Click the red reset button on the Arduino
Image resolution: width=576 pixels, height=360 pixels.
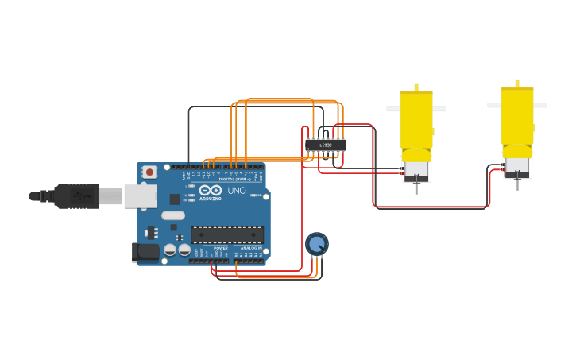(x=149, y=172)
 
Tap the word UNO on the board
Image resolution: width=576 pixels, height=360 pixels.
(x=237, y=191)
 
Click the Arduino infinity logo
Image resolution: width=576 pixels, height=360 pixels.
(x=211, y=191)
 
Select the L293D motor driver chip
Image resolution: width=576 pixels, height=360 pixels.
(x=325, y=145)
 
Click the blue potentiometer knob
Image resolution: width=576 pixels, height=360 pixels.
(x=316, y=243)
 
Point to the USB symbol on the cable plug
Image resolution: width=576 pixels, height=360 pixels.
(x=79, y=195)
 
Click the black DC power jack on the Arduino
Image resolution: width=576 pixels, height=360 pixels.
(x=146, y=252)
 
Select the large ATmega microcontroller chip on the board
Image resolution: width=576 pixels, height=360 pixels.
(x=227, y=234)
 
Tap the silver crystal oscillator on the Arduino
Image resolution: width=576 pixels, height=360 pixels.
(x=172, y=215)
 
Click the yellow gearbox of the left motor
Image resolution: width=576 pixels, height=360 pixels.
(x=416, y=119)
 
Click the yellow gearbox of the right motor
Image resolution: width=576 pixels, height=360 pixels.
(x=517, y=116)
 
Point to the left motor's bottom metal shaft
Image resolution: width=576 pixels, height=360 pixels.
(x=416, y=188)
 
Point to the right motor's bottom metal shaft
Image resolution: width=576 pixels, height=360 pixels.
(x=517, y=184)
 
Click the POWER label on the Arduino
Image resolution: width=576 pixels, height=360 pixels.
(x=220, y=249)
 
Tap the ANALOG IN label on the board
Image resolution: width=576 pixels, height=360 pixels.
(x=250, y=249)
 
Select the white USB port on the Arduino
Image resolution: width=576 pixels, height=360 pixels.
(x=140, y=195)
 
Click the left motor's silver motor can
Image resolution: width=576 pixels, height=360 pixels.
(x=416, y=168)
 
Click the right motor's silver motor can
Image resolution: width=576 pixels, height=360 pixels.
(x=517, y=165)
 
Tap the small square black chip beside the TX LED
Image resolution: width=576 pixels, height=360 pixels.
(x=175, y=199)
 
